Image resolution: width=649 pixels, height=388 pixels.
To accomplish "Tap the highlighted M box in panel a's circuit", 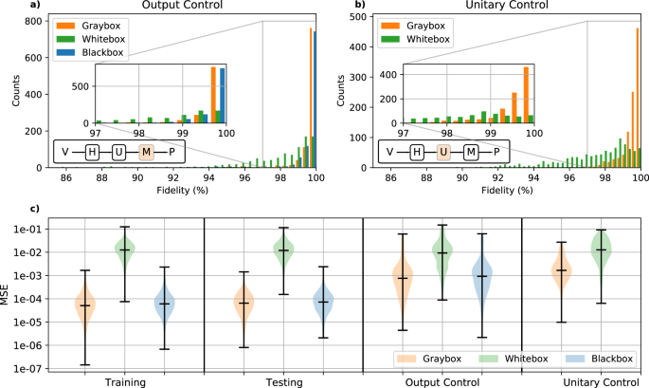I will tap(145, 152).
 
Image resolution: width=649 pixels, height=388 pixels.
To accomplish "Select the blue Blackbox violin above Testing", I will tap(324, 301).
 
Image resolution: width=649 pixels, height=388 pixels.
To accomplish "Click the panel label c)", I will tap(9, 209).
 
